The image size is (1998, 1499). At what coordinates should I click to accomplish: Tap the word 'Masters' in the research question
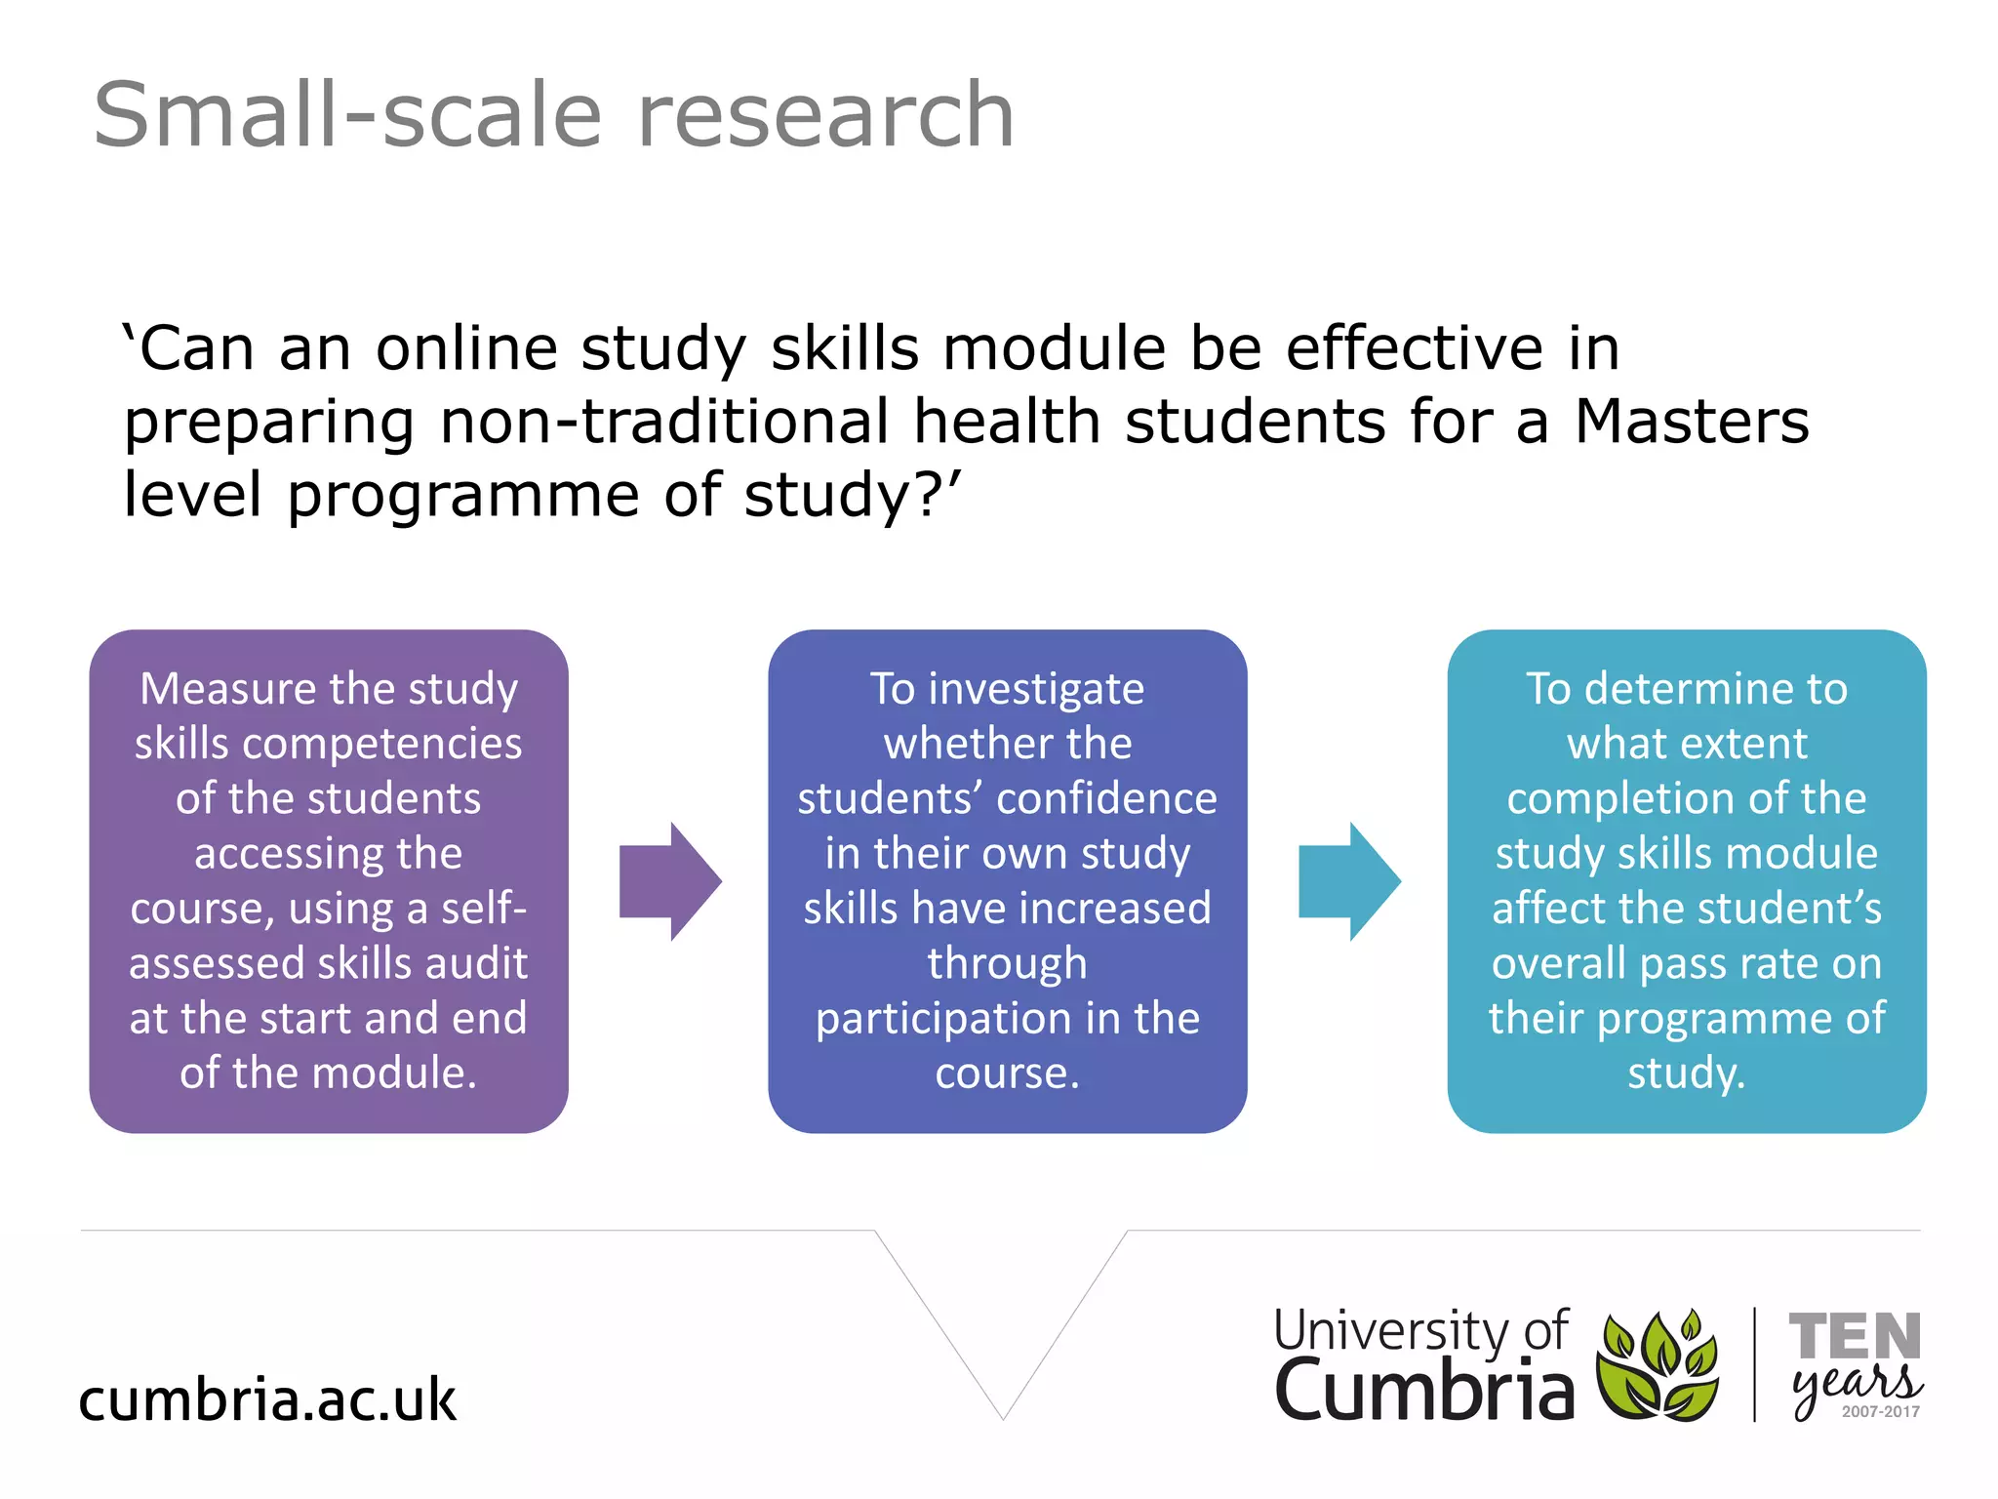[x=1692, y=422]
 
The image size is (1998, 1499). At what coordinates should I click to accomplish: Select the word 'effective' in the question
[x=1415, y=348]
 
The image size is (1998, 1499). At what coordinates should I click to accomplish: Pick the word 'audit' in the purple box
[x=478, y=964]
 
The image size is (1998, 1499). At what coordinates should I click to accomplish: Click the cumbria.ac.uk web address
[x=267, y=1399]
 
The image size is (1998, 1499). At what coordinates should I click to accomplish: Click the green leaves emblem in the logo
[x=1658, y=1366]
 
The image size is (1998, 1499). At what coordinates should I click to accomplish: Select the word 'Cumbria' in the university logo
[x=1423, y=1391]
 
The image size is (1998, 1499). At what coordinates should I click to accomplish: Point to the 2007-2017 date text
[x=1880, y=1412]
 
